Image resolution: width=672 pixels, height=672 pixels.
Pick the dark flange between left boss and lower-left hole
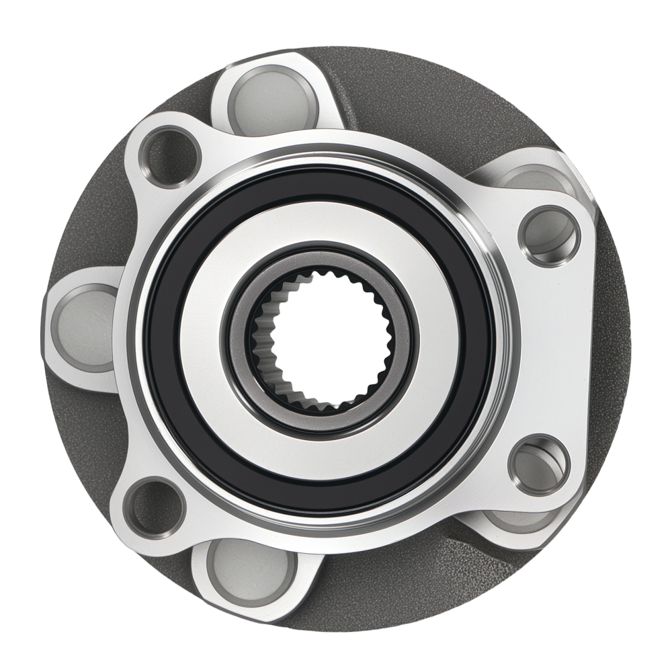(x=87, y=430)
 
